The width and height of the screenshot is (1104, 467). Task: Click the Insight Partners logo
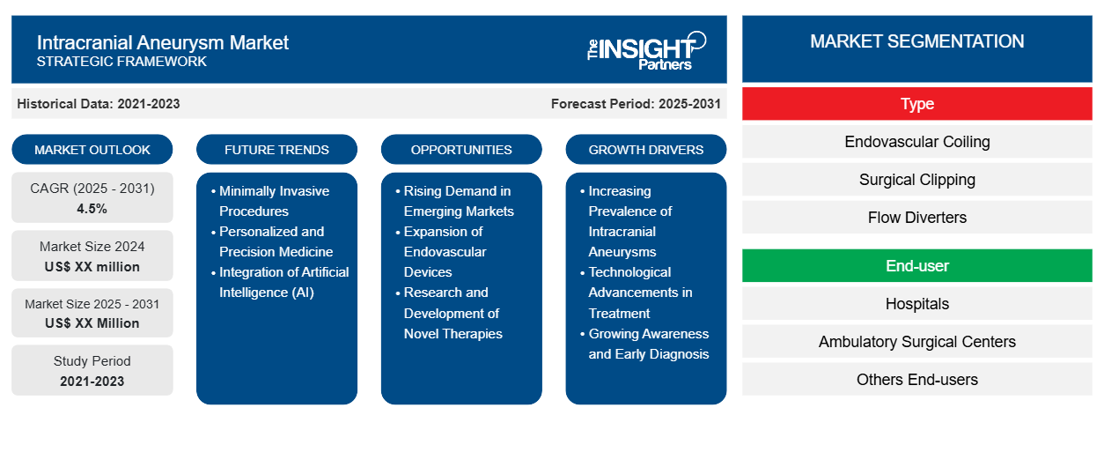646,51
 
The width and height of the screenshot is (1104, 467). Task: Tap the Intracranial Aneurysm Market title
163,43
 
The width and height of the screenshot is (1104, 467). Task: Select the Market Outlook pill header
92,150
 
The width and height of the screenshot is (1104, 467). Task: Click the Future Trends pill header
276,150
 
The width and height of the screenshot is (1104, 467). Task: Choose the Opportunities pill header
461,150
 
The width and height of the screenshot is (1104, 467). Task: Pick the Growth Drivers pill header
645,150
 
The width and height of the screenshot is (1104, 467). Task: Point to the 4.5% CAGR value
92,209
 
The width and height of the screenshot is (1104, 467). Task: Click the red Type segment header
917,104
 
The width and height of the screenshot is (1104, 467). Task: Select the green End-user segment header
917,266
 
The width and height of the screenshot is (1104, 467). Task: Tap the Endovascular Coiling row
917,142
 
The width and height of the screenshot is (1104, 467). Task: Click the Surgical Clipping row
917,180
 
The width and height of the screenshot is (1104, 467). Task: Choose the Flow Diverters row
917,218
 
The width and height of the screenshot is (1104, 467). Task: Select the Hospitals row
917,304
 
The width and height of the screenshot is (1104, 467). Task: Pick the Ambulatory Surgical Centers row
917,342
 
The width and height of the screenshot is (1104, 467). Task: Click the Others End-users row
917,380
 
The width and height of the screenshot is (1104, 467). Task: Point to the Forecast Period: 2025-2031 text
636,104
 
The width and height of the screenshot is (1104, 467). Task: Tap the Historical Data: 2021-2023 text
99,104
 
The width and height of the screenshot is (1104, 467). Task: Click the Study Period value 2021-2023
92,382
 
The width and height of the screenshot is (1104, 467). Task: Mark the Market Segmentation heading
917,41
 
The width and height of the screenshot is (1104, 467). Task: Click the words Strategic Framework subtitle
121,62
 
